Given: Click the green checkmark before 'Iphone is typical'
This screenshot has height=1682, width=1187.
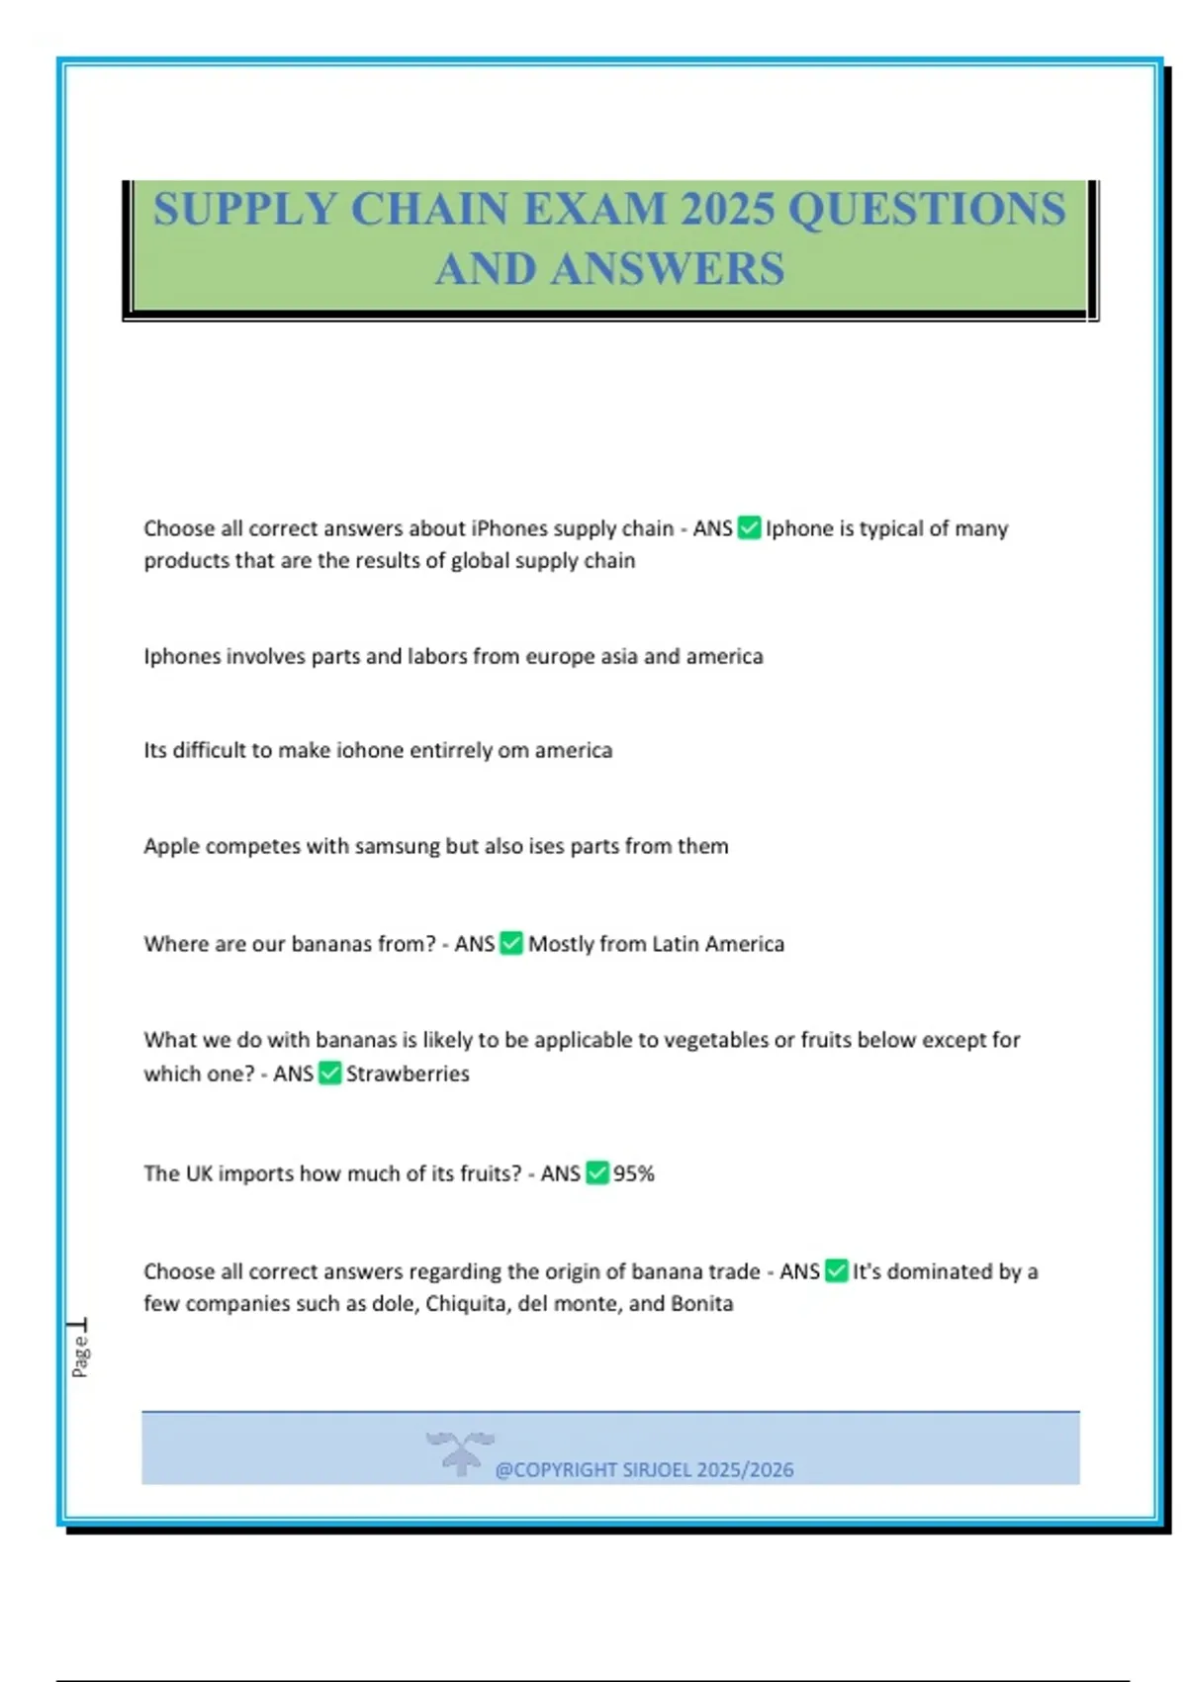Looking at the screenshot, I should pos(749,528).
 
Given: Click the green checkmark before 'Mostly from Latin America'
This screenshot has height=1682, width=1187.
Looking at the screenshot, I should pos(511,944).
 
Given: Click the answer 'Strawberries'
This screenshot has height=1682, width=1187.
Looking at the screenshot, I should pos(408,1075).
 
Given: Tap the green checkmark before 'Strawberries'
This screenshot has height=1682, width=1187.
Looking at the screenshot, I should pos(330,1074).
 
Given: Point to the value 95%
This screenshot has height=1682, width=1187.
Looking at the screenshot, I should pos(634,1174).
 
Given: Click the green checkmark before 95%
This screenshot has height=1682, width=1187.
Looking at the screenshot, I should pos(597,1173).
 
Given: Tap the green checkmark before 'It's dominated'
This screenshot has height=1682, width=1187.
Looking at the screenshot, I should pos(836,1271).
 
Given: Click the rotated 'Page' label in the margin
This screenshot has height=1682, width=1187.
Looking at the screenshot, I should pos(80,1355).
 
